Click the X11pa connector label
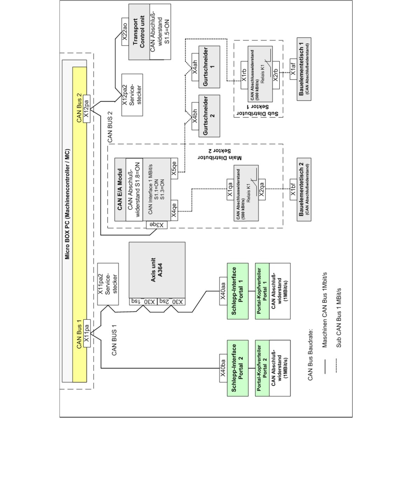coord(87,333)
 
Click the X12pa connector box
coord(87,109)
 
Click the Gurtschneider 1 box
coord(209,67)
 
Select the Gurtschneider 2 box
coord(209,116)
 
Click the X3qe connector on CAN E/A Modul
coord(157,225)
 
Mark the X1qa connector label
coord(230,190)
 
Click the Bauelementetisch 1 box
coord(304,69)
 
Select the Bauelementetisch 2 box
coord(304,189)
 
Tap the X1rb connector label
coord(244,74)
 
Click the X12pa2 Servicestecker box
coord(132,95)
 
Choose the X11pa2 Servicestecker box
coord(108,284)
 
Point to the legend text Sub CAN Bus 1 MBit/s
coord(339,318)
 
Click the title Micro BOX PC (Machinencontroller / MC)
coord(67,204)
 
